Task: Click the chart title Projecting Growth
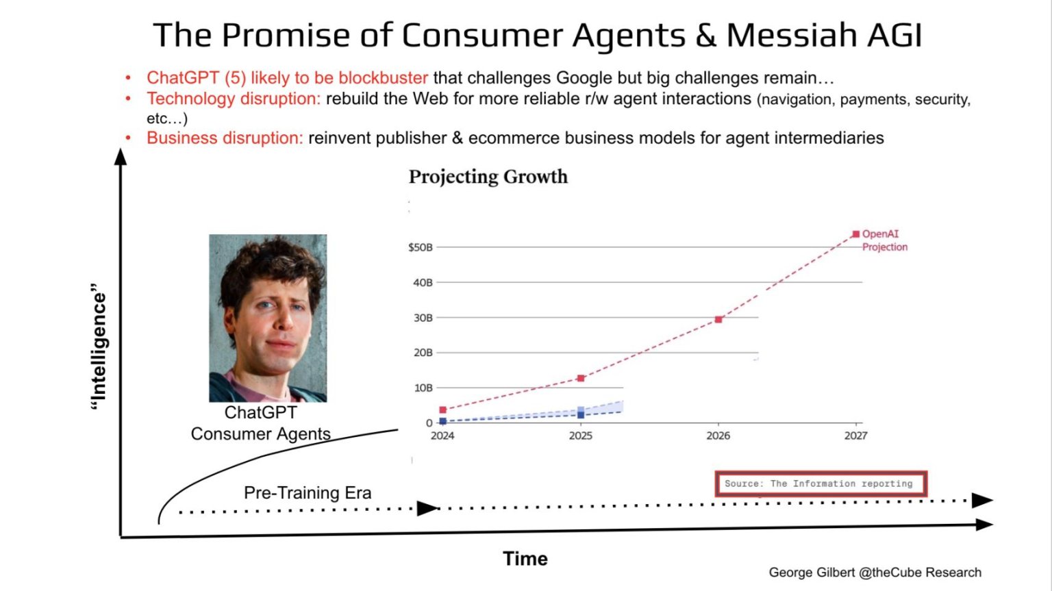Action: click(x=488, y=177)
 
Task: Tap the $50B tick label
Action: click(x=421, y=247)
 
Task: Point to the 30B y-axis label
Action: click(x=423, y=318)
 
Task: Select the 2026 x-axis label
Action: click(x=718, y=436)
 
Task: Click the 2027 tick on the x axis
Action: click(x=855, y=436)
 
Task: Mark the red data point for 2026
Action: click(x=718, y=320)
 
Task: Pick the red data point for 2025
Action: click(x=581, y=378)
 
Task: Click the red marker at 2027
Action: click(x=855, y=234)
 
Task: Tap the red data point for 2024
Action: click(x=442, y=410)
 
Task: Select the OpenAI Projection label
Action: click(x=884, y=240)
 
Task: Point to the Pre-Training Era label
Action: click(x=308, y=493)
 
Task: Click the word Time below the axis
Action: click(x=525, y=559)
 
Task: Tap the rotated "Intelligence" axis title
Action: click(x=99, y=347)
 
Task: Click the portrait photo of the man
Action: click(x=268, y=318)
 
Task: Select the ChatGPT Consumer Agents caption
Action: click(x=261, y=423)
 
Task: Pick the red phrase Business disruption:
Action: click(x=225, y=138)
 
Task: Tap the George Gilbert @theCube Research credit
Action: click(x=875, y=573)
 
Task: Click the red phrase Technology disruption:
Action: click(x=234, y=99)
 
